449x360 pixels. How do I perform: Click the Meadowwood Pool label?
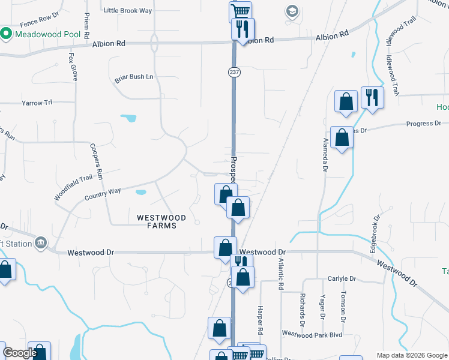pos(47,34)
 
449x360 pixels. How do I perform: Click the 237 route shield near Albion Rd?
pos(234,71)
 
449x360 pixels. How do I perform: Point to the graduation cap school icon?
pos(292,11)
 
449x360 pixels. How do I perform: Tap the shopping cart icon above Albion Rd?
pos(240,11)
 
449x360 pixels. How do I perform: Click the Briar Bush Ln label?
pos(134,77)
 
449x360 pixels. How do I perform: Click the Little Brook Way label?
pos(128,10)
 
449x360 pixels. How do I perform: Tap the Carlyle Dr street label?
pos(342,279)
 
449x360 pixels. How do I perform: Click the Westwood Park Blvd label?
pos(312,334)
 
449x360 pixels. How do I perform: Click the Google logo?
pos(20,353)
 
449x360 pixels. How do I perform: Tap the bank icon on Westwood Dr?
pos(41,242)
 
